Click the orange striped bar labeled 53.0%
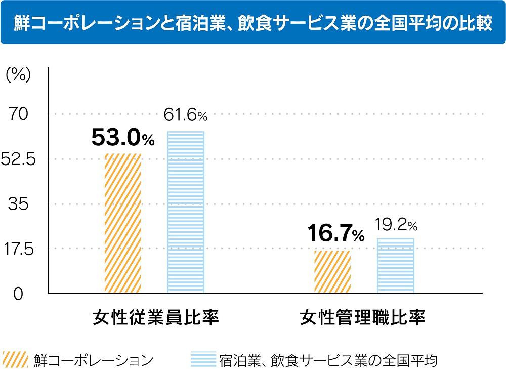[123, 223]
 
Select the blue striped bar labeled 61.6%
[186, 212]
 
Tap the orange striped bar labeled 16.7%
[332, 271]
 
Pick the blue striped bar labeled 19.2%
[395, 265]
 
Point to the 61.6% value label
[186, 116]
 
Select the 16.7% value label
[335, 234]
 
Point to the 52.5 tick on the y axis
[18, 160]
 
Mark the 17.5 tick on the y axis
[18, 249]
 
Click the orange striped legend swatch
[15, 359]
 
